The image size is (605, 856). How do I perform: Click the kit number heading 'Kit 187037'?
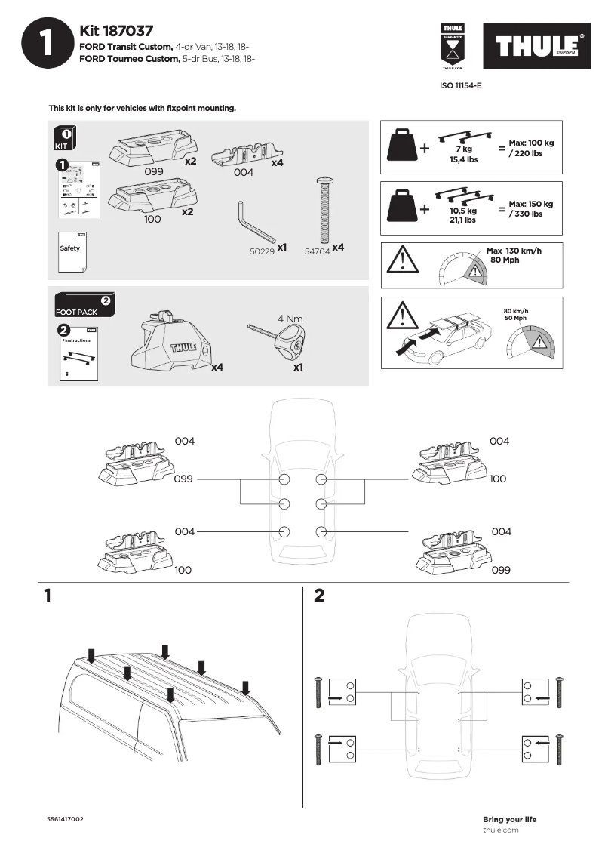[116, 31]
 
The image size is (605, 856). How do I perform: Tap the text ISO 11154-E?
[460, 86]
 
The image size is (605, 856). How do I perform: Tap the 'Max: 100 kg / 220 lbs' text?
[531, 148]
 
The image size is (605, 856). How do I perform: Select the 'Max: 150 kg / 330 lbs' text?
[531, 209]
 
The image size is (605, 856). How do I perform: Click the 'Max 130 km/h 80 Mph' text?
[514, 255]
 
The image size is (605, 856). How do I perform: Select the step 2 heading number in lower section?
[318, 596]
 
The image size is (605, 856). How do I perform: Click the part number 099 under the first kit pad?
[154, 171]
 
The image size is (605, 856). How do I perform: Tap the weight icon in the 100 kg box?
[401, 145]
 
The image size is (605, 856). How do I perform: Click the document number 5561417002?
[66, 819]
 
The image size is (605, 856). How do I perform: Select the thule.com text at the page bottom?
[500, 830]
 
